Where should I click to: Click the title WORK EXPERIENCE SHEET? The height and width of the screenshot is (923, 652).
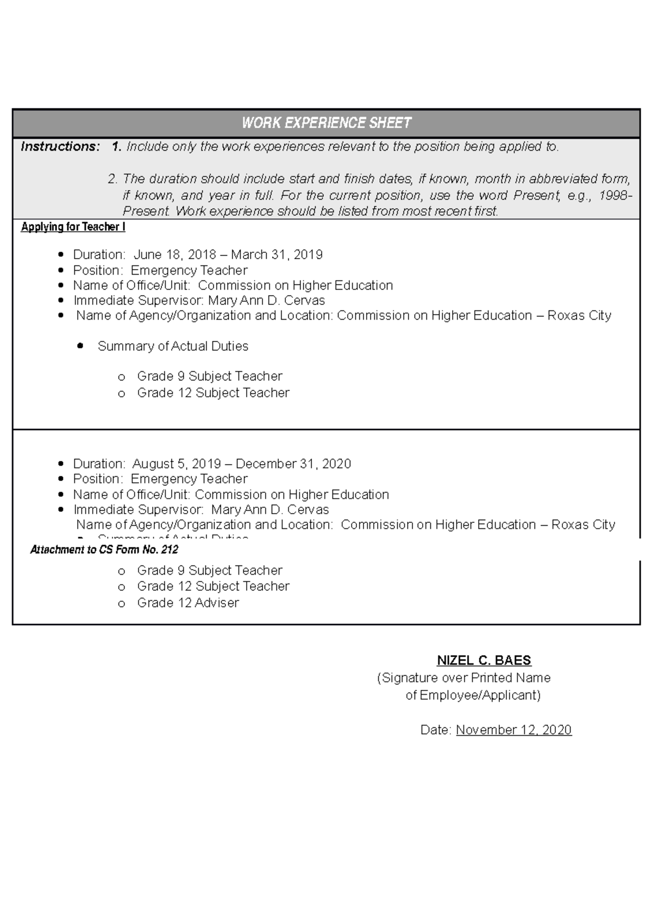(x=326, y=123)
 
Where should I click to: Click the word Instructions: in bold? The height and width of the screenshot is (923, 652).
(x=60, y=147)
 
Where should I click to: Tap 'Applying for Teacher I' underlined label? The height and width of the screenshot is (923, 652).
(x=73, y=227)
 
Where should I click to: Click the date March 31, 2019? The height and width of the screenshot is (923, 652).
(x=277, y=255)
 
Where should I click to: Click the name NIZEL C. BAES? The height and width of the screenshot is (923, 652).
(x=484, y=660)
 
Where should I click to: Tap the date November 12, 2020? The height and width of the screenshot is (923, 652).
(x=513, y=730)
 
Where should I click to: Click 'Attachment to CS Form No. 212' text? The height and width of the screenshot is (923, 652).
(x=104, y=550)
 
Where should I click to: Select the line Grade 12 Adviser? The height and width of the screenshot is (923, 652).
(x=188, y=603)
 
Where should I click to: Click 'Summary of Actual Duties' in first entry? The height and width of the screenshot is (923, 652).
(x=173, y=346)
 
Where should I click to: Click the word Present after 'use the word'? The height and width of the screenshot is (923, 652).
(x=535, y=196)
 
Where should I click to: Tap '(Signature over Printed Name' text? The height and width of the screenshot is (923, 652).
(x=463, y=678)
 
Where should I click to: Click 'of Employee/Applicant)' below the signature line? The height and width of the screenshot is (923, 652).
(x=473, y=695)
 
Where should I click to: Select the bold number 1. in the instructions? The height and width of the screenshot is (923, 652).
(x=116, y=147)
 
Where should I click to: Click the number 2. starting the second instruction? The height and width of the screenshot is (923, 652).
(x=112, y=179)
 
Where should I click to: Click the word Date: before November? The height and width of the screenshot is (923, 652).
(x=436, y=730)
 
